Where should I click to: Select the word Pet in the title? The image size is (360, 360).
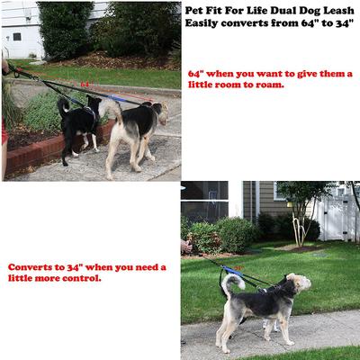[x=195, y=8]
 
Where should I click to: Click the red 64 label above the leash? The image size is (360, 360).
[x=85, y=85]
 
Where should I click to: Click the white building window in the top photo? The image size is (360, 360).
[x=16, y=37]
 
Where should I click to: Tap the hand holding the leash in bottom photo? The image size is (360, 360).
[x=184, y=245]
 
